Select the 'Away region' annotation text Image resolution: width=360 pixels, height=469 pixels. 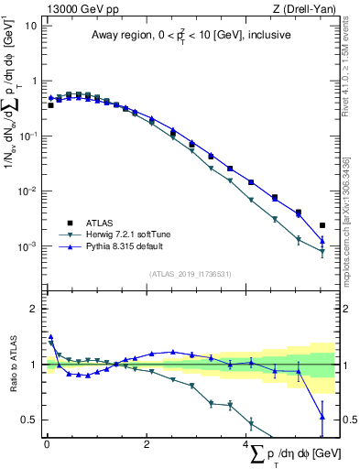(189, 36)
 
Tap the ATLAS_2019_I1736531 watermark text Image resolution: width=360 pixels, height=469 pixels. (189, 274)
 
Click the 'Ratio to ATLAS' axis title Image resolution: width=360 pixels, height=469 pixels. (12, 364)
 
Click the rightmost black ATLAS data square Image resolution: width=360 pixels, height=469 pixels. (322, 225)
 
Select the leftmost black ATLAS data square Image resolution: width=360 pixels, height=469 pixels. (51, 105)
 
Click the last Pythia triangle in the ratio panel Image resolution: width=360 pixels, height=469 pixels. (322, 417)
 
